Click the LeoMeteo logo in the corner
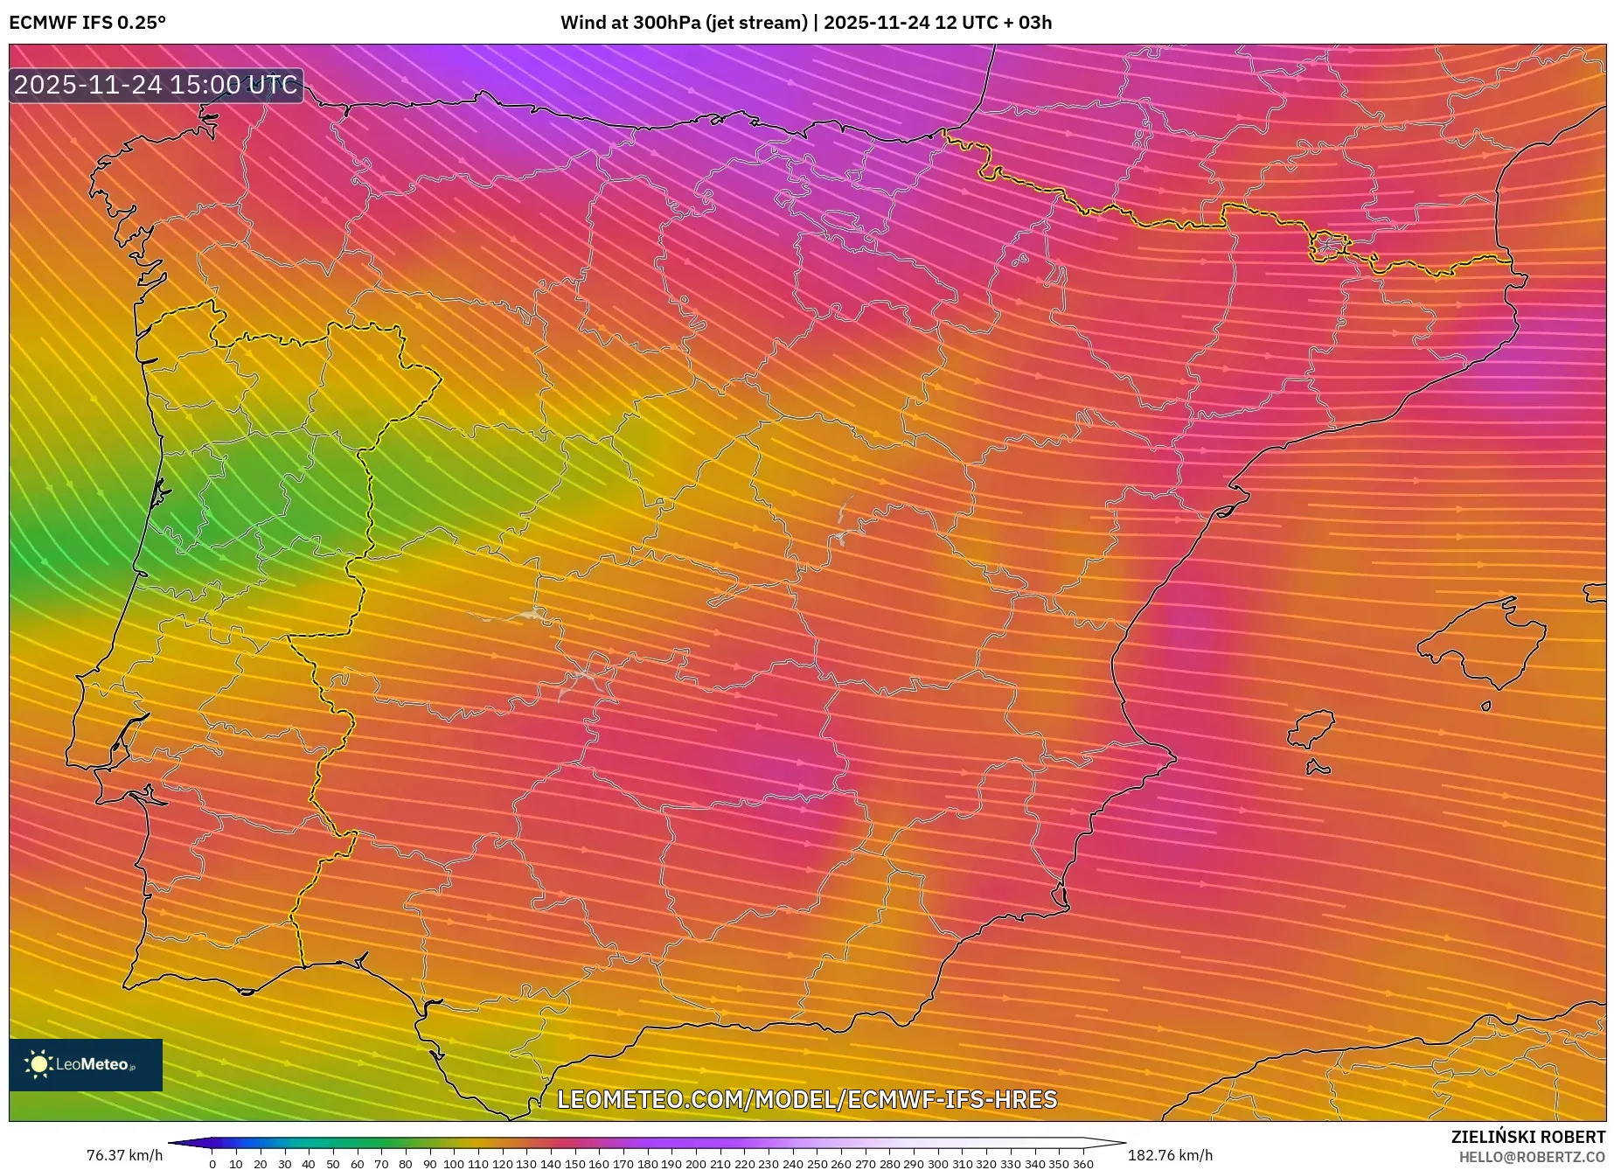pyautogui.click(x=86, y=1064)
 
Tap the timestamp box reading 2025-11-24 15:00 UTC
pyautogui.click(x=156, y=85)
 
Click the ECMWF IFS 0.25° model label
pyautogui.click(x=87, y=22)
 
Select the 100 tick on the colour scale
pyautogui.click(x=453, y=1163)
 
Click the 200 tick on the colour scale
pyautogui.click(x=695, y=1163)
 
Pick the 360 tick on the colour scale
pyautogui.click(x=1082, y=1163)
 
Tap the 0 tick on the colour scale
pyautogui.click(x=212, y=1163)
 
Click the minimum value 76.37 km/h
pyautogui.click(x=124, y=1155)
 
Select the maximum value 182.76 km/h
pyautogui.click(x=1170, y=1155)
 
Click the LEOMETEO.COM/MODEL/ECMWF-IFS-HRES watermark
pyautogui.click(x=807, y=1099)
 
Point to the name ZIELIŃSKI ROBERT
pyautogui.click(x=1528, y=1137)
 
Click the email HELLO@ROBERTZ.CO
pyautogui.click(x=1532, y=1156)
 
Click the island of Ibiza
pyautogui.click(x=1312, y=728)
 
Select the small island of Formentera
pyautogui.click(x=1318, y=768)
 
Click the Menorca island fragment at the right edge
pyautogui.click(x=1596, y=593)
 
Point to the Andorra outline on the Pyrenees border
pyautogui.click(x=1328, y=245)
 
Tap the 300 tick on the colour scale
pyautogui.click(x=937, y=1163)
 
